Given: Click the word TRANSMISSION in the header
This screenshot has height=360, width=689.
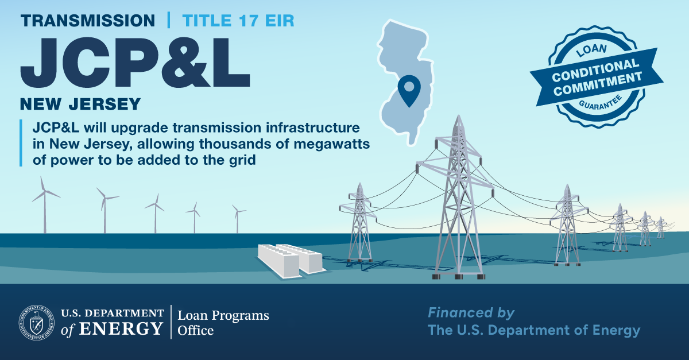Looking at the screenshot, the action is click(88, 21).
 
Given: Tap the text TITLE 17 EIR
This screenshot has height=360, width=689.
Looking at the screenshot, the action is click(238, 21).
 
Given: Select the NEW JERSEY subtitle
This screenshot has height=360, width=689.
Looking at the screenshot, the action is click(80, 104).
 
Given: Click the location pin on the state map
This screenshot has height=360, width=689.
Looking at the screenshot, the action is click(409, 90).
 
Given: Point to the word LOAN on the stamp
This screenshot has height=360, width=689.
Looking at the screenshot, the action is click(591, 50).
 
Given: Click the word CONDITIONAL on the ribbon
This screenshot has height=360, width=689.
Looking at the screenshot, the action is click(595, 71).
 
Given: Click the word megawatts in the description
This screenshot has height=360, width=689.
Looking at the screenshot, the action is click(331, 145).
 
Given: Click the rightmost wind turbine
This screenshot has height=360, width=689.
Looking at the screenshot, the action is click(238, 218).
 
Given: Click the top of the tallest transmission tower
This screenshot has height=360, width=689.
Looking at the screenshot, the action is click(459, 116).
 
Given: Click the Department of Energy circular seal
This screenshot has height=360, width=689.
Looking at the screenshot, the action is click(37, 323).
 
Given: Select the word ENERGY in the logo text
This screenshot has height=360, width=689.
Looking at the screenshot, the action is click(121, 328).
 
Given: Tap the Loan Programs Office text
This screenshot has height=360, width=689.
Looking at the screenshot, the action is click(223, 323).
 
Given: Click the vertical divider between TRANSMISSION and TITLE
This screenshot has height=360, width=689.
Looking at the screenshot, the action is click(169, 20).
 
